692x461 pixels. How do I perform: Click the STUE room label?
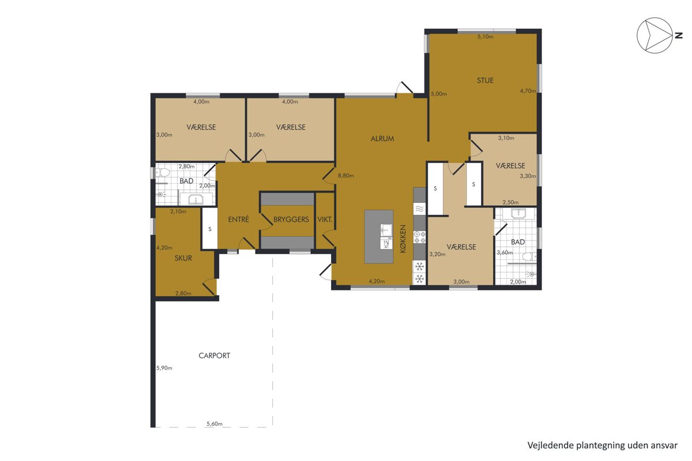[x=485, y=81]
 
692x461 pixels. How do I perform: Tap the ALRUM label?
[x=382, y=139]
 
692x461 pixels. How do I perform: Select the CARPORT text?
[x=214, y=356]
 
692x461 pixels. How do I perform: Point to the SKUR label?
[x=183, y=258]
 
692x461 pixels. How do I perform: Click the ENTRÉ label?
[x=238, y=219]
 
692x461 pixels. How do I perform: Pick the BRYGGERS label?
[x=291, y=220]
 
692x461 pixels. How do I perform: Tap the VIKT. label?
[x=325, y=220]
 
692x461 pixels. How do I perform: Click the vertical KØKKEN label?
[x=403, y=239]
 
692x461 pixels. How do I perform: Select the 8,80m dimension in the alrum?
[x=345, y=176]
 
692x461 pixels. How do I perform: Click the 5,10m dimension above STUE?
[x=485, y=37]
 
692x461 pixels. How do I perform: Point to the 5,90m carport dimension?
[x=164, y=368]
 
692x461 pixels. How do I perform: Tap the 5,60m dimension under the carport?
[x=215, y=424]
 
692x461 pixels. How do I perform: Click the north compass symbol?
[x=655, y=36]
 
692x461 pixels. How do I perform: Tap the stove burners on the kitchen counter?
[x=420, y=237]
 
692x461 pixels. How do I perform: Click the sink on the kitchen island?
[x=386, y=230]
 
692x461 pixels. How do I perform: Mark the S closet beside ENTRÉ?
[x=210, y=229]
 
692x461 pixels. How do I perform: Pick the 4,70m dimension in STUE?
[x=528, y=91]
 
